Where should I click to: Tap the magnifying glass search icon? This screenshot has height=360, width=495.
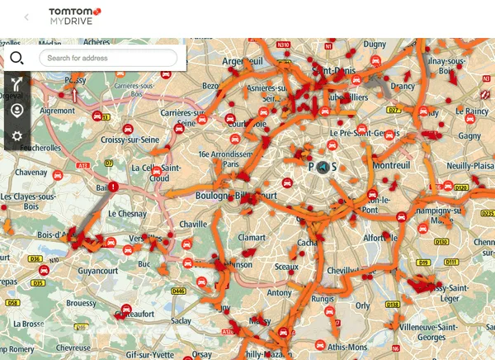(16, 58)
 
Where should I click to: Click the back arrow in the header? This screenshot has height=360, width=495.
(26, 17)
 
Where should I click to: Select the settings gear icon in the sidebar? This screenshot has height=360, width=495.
(16, 136)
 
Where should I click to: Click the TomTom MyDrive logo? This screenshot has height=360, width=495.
(74, 16)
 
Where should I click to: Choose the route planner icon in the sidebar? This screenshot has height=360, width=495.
(16, 83)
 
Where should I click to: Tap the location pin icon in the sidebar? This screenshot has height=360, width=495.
(16, 110)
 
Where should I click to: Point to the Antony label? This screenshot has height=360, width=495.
(280, 292)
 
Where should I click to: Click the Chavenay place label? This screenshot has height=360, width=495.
(31, 173)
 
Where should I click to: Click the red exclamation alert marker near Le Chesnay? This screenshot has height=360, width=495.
(113, 187)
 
